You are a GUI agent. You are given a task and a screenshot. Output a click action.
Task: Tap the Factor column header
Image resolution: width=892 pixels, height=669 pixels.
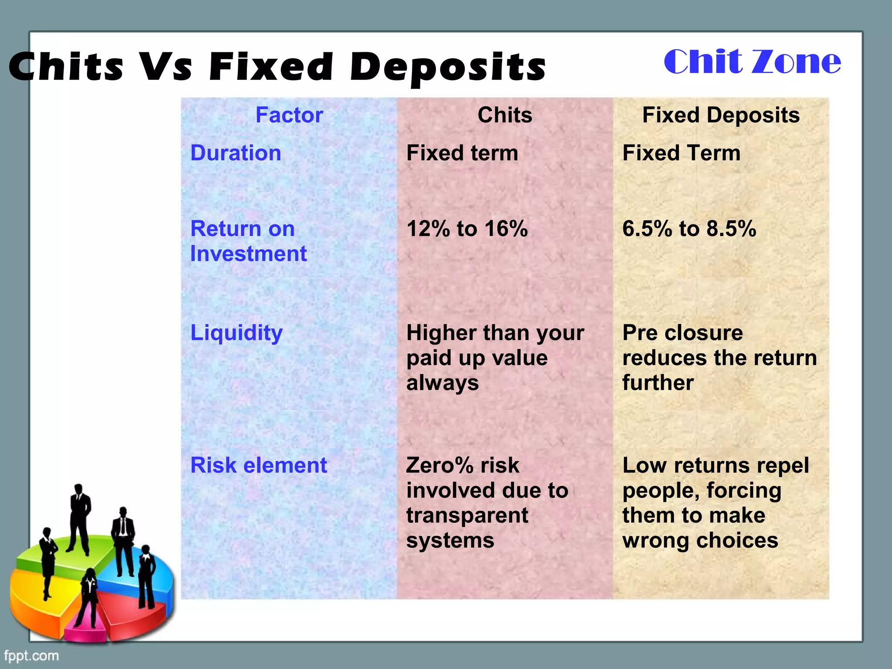click(289, 115)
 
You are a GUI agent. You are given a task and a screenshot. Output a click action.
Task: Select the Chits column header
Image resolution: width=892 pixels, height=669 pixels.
click(505, 115)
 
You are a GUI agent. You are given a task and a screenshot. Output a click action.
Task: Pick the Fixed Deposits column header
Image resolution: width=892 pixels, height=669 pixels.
click(721, 115)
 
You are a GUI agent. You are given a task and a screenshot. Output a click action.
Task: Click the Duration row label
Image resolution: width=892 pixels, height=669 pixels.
click(236, 153)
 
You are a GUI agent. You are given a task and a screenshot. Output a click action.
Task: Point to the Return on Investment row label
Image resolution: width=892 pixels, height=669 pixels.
click(248, 241)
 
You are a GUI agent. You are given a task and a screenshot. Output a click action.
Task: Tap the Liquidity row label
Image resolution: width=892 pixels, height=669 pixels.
click(237, 333)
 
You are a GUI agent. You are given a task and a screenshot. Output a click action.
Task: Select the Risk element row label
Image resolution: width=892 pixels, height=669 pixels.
click(259, 465)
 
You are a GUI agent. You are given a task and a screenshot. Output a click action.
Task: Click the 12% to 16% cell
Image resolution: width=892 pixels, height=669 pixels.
click(467, 229)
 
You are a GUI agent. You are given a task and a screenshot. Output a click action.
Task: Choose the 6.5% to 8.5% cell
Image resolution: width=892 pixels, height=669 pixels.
click(689, 229)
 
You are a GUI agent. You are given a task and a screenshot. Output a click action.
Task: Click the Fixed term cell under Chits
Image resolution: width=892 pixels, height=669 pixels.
click(462, 153)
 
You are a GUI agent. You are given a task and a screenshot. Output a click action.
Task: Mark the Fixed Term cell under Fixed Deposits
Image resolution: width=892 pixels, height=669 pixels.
click(681, 153)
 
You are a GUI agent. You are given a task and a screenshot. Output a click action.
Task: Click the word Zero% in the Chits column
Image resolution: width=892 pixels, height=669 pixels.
click(439, 465)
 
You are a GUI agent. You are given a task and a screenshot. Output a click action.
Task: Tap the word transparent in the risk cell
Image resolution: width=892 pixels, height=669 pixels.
click(467, 515)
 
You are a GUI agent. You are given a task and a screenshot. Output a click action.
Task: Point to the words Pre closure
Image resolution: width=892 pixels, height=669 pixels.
click(683, 333)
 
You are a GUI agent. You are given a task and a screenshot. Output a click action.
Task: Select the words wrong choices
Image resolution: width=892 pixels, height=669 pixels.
click(700, 541)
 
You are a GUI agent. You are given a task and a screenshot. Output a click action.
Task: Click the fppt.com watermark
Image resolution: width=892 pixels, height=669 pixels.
click(31, 655)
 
